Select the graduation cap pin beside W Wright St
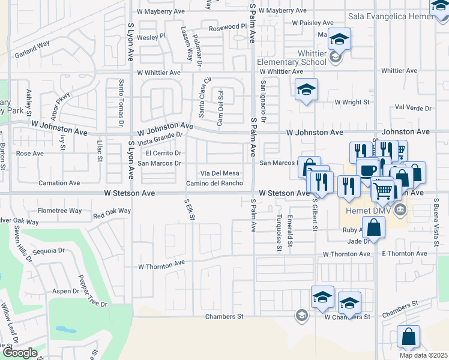[x=307, y=90]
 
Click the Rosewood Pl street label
[x=228, y=28]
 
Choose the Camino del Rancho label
[x=214, y=184]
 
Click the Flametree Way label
[x=59, y=211]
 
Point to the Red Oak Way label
[x=112, y=212]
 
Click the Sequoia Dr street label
[x=48, y=251]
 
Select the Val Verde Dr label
[x=415, y=108]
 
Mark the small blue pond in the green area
[x=62, y=329]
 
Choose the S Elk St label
[x=190, y=209]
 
